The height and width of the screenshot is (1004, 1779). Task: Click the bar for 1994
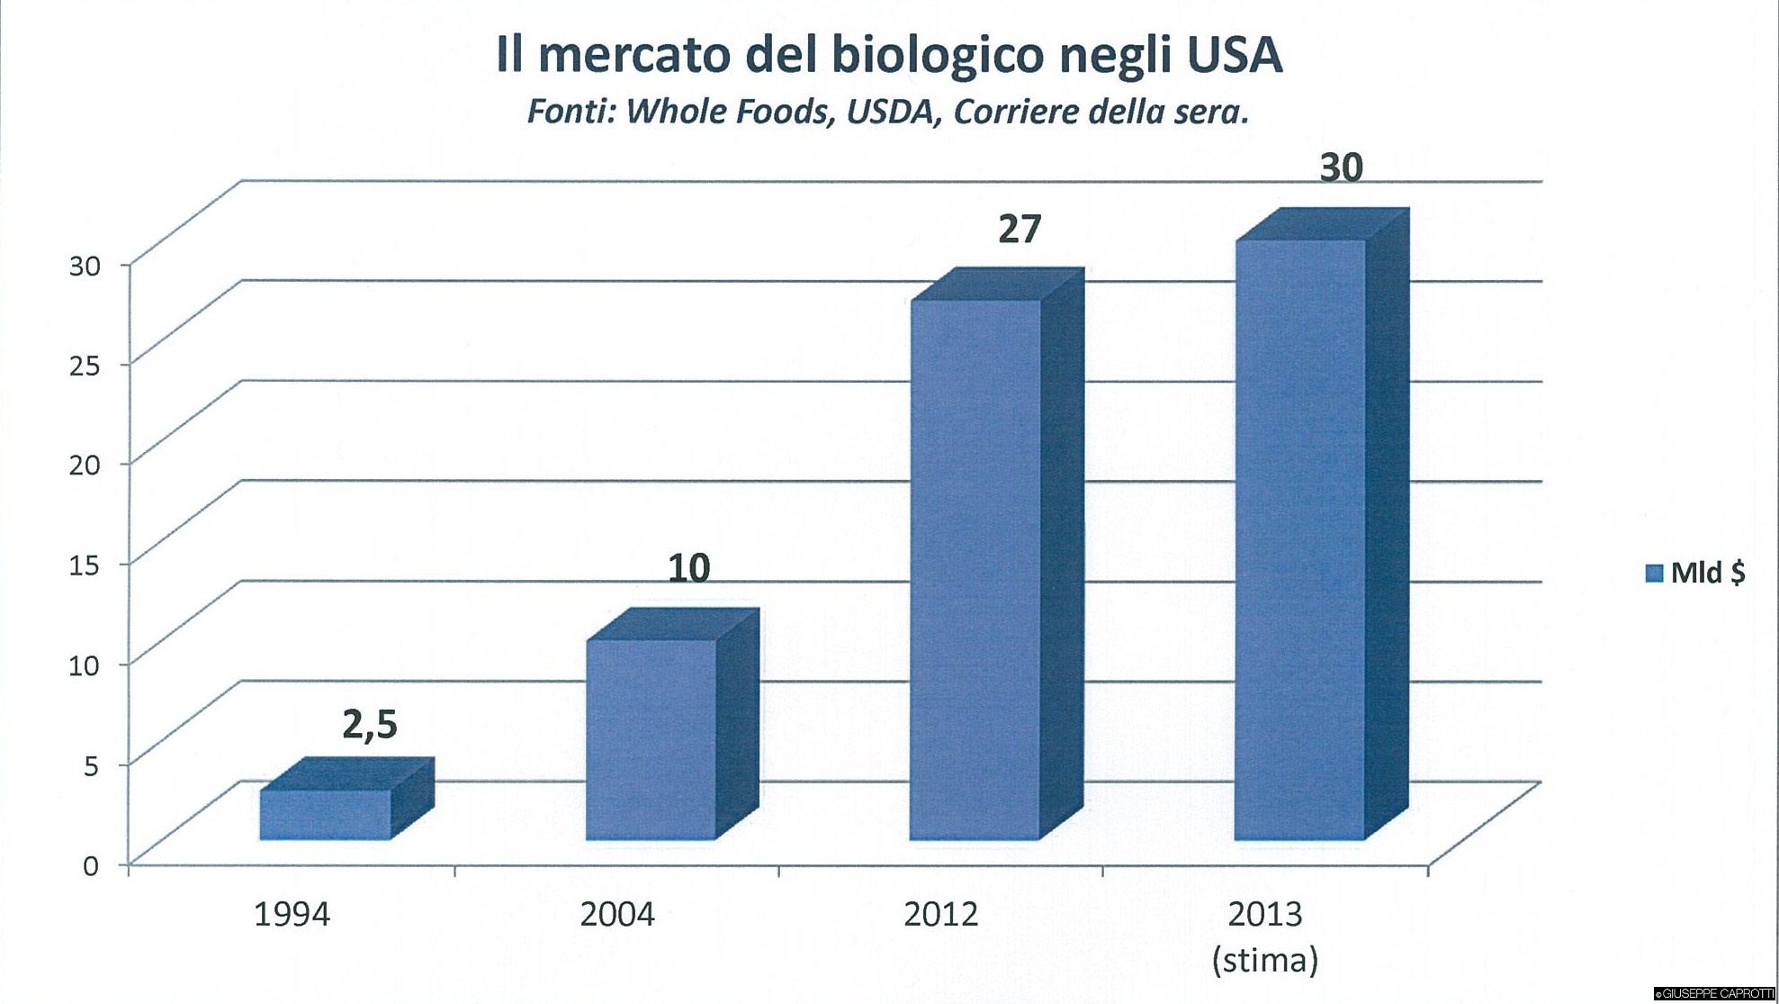pos(326,814)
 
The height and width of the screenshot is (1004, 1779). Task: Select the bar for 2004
pos(651,738)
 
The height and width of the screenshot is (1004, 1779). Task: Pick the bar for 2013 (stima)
pos(1300,539)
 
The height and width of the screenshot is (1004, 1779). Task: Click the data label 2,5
pos(369,724)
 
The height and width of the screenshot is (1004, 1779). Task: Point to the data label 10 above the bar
pos(688,568)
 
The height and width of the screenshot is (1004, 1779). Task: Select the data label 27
pos(1019,230)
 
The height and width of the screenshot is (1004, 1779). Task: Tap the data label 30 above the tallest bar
pos(1341,168)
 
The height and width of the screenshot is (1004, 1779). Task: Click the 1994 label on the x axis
pos(292,915)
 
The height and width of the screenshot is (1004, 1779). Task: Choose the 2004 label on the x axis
pos(616,915)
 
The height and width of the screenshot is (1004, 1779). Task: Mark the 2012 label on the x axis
pos(940,915)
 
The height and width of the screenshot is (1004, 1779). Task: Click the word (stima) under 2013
pos(1264,960)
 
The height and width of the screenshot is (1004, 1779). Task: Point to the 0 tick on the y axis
pos(90,866)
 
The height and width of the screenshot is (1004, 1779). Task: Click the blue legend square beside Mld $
pos(1653,574)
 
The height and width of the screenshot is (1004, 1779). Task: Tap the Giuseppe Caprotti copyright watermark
pos(1714,994)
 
